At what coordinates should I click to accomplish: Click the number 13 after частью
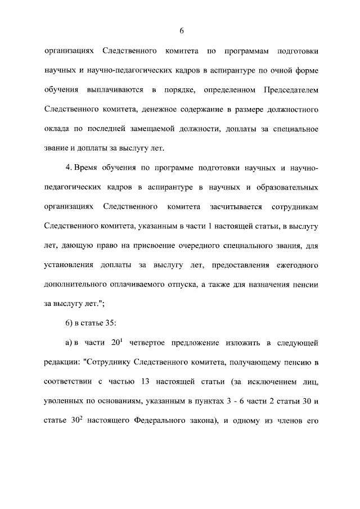coord(143,381)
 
